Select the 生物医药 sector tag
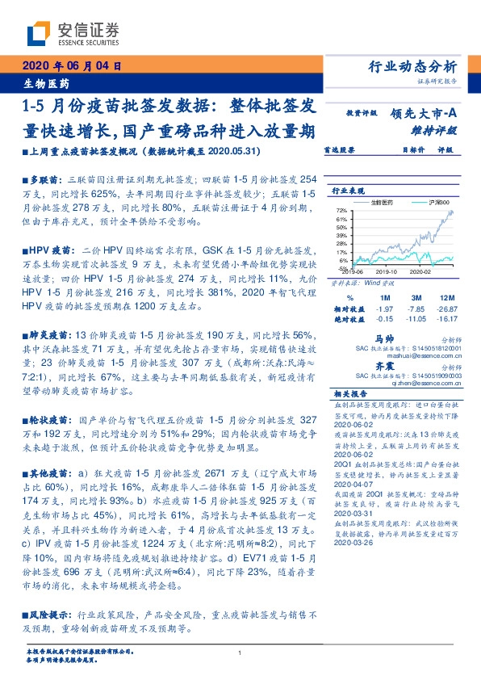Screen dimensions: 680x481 pos(46,82)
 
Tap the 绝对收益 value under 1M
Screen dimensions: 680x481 pos(385,319)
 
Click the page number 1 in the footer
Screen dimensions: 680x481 pos(240,653)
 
